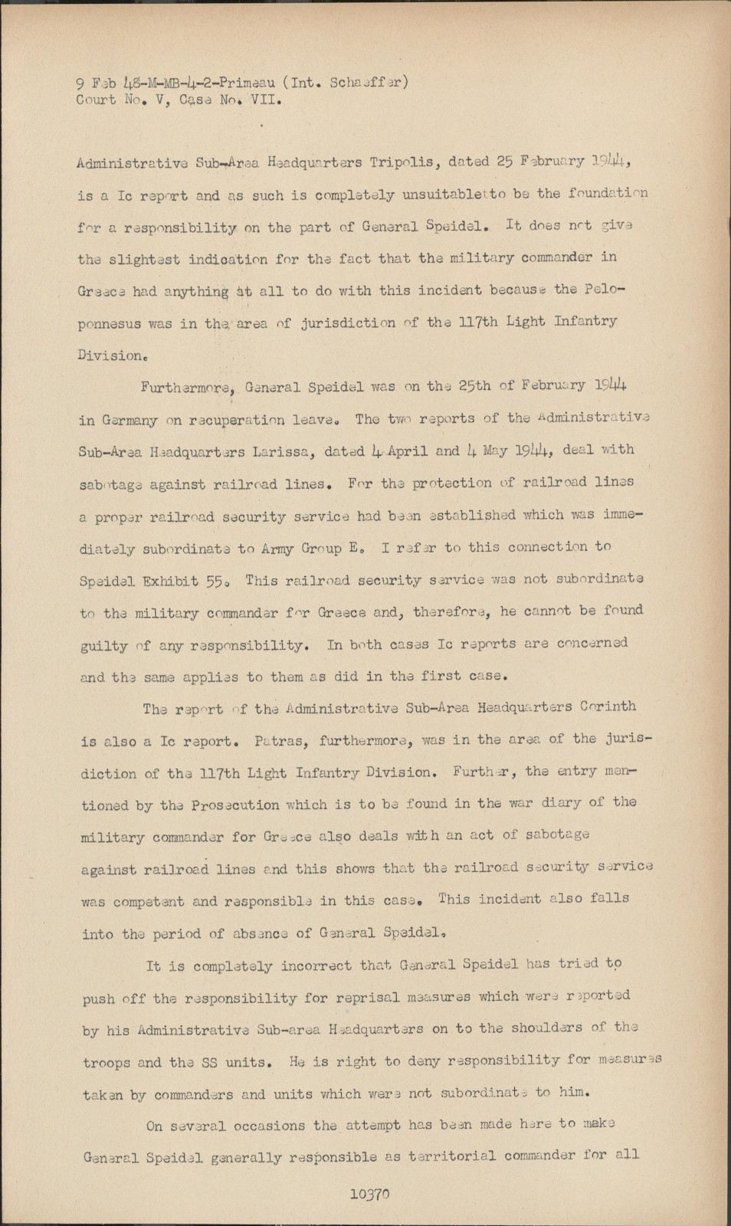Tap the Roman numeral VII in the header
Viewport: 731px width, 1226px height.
[x=267, y=100]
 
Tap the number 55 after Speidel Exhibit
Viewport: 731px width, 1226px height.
[x=217, y=582]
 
